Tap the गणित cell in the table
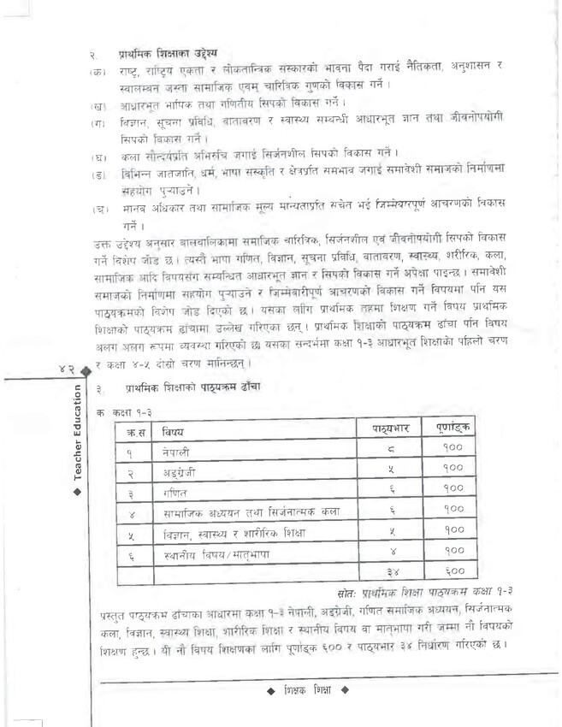(175, 492)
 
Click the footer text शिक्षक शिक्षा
(310, 689)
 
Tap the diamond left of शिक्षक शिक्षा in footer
(270, 689)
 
